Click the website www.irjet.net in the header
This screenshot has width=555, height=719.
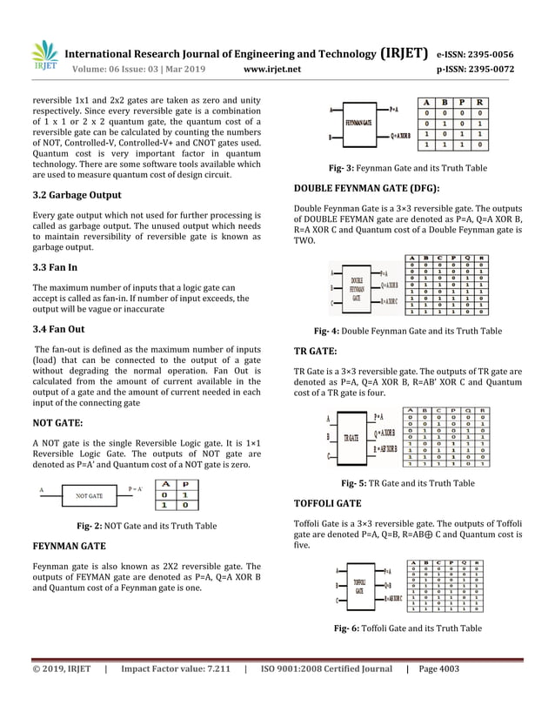pyautogui.click(x=273, y=69)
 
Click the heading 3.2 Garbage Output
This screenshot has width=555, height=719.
pyautogui.click(x=77, y=195)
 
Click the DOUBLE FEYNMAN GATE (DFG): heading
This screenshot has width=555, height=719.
pyautogui.click(x=366, y=189)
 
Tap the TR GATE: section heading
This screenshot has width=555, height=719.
pyautogui.click(x=316, y=351)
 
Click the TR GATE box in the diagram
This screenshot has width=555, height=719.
pyautogui.click(x=353, y=437)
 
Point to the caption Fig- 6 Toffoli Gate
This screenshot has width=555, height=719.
pyautogui.click(x=407, y=628)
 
